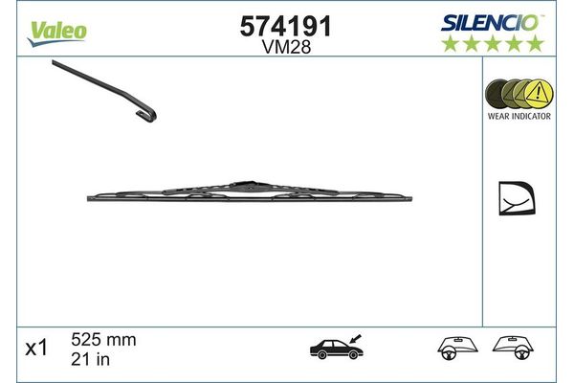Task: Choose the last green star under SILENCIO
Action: [x=536, y=43]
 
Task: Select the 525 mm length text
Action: [x=104, y=340]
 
